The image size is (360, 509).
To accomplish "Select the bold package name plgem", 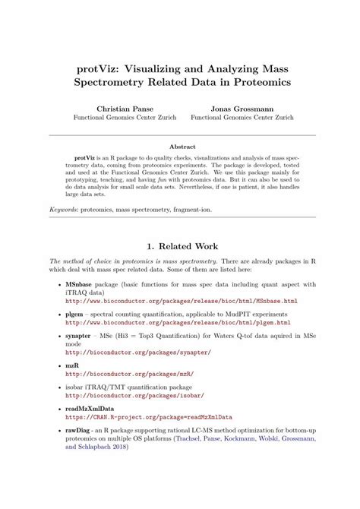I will click(77, 313).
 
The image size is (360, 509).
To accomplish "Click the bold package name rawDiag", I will click(81, 431).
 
